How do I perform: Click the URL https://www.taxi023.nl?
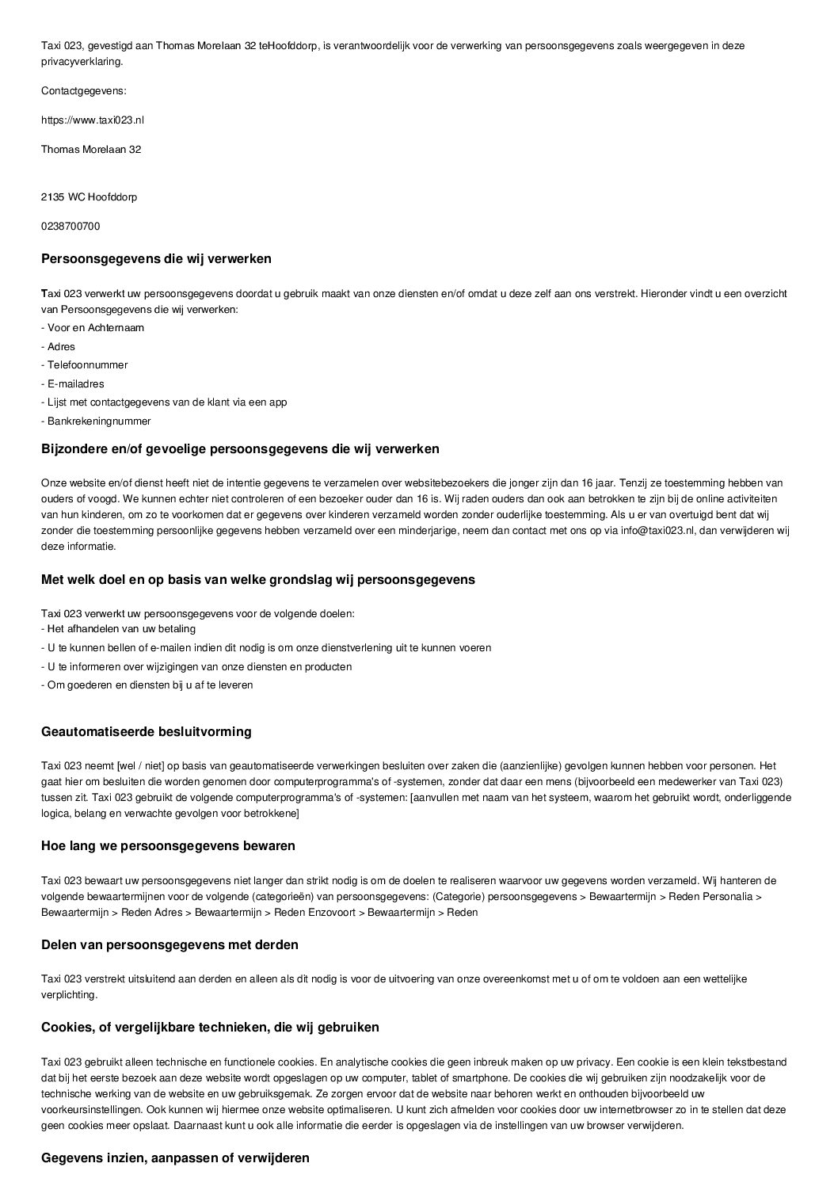[93, 120]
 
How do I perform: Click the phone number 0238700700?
[70, 226]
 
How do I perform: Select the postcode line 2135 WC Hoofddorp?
[89, 196]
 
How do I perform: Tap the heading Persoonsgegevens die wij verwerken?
[156, 258]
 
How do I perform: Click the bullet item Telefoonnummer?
[85, 365]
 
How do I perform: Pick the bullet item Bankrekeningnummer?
[96, 421]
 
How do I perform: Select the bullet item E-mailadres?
[73, 383]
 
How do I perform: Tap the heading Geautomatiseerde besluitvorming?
[146, 731]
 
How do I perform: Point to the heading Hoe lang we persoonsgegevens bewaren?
[168, 845]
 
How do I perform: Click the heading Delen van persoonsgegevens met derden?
[170, 944]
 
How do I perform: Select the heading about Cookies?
[210, 1027]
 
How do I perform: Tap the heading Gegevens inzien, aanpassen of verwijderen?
[175, 1157]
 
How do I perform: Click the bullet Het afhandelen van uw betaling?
[119, 629]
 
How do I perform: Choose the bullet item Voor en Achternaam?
[93, 328]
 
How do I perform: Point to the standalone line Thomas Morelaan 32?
[91, 149]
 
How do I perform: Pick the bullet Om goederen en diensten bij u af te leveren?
[147, 685]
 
